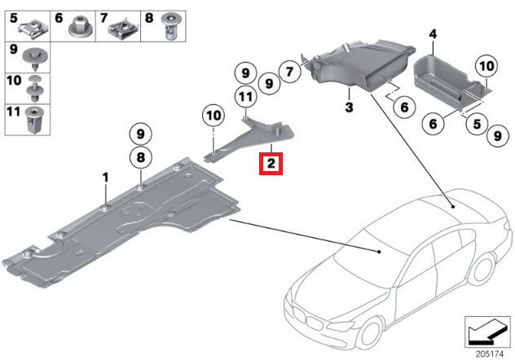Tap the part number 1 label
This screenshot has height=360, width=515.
105,177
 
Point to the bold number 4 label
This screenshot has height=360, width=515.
433,34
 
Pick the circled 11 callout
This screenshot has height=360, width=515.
243,99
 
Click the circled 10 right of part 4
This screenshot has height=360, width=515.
485,64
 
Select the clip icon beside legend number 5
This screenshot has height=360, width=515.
33,28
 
